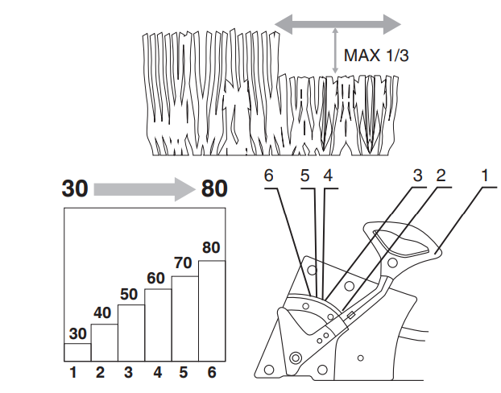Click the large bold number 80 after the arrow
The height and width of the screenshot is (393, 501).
213,189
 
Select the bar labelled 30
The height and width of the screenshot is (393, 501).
77,351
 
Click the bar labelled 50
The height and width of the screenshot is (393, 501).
131,333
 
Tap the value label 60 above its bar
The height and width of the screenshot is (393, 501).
158,279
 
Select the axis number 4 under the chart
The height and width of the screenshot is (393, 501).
158,373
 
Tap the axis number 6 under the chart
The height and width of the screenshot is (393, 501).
212,373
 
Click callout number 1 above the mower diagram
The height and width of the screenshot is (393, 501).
487,175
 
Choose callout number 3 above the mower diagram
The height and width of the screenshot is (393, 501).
417,175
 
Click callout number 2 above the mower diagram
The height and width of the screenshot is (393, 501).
441,175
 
